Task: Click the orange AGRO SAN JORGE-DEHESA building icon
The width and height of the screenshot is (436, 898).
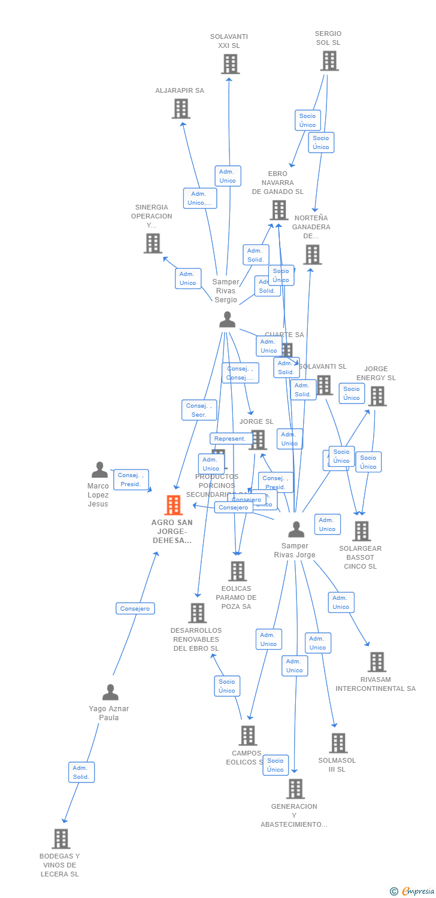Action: (x=173, y=505)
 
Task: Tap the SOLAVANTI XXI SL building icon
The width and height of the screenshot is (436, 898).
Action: (x=230, y=64)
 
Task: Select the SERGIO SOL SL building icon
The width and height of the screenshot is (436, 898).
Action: (x=329, y=61)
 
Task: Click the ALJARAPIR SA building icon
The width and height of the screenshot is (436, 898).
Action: (x=180, y=109)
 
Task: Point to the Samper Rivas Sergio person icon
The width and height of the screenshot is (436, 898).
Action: (x=227, y=320)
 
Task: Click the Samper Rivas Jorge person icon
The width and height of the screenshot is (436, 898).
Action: (x=296, y=530)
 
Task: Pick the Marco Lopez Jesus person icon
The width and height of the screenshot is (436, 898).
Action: (x=99, y=470)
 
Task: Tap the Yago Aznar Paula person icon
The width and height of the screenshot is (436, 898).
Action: (x=110, y=693)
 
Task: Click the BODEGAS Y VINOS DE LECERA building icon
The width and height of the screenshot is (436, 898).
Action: (x=60, y=839)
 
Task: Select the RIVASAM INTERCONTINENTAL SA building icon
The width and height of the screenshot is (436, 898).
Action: (x=377, y=662)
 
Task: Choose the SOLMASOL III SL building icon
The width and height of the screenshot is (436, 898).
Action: (x=338, y=743)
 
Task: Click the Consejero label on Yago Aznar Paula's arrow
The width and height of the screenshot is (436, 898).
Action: (x=135, y=608)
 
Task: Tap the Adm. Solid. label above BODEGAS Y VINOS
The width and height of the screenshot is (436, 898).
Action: (x=81, y=772)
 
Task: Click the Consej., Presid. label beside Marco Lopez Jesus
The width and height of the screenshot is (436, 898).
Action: (x=130, y=480)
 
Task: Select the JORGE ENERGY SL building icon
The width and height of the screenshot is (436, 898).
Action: (x=377, y=396)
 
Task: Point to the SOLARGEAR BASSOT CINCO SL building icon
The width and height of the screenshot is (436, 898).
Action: (x=361, y=531)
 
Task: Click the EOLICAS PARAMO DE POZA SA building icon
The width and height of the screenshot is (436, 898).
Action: (x=238, y=571)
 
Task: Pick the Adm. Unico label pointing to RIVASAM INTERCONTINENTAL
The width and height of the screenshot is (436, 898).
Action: (x=341, y=602)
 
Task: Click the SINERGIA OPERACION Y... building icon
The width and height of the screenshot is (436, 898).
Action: (x=153, y=244)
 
